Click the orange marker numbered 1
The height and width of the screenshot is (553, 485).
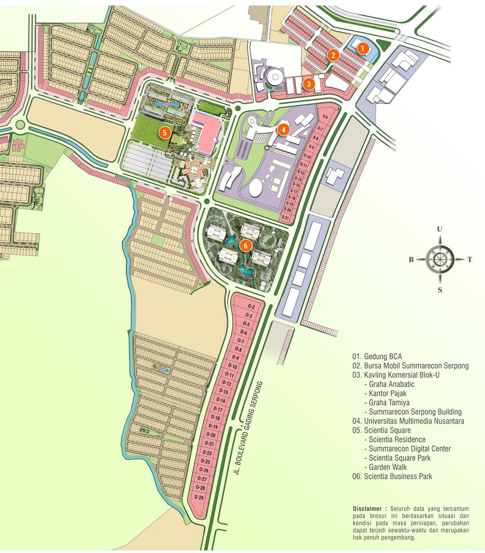click(362, 48)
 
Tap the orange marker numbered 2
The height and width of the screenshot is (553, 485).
click(333, 55)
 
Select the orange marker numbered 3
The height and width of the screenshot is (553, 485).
click(309, 84)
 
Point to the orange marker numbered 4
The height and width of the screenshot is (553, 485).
click(284, 130)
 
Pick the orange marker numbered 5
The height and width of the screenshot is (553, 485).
click(164, 132)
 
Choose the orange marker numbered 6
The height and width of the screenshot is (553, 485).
click(245, 245)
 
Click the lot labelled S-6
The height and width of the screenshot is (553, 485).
click(325, 117)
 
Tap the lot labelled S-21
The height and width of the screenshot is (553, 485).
click(285, 217)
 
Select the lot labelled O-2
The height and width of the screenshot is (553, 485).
click(251, 307)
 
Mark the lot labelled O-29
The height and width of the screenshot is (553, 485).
click(199, 497)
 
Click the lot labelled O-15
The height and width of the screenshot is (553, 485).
click(224, 392)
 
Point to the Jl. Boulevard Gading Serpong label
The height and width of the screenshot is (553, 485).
click(248, 428)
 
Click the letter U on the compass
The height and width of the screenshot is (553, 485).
click(439, 229)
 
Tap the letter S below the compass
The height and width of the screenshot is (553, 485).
click(440, 290)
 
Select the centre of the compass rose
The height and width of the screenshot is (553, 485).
click(440, 259)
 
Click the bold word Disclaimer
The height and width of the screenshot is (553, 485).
click(367, 509)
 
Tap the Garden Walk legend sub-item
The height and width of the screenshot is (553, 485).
click(388, 467)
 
